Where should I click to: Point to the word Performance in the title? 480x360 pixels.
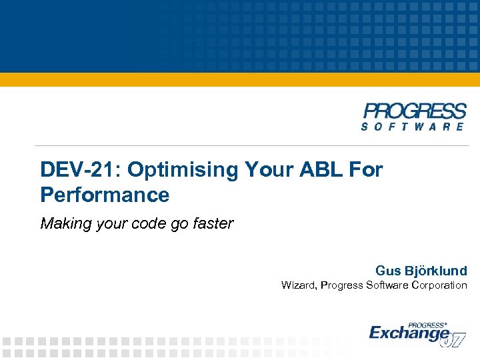[105, 195]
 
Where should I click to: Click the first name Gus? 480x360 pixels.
[388, 271]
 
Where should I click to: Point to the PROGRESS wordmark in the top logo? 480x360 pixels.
[414, 111]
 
